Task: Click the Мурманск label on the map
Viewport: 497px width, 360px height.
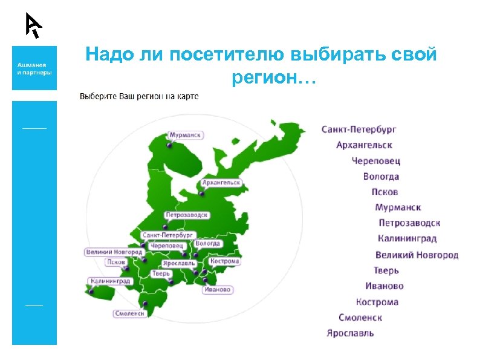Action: tap(185, 135)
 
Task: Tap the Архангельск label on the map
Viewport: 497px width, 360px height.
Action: tap(221, 182)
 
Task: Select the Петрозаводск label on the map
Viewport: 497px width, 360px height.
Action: tap(187, 215)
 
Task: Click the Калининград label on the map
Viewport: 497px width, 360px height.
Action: tap(109, 281)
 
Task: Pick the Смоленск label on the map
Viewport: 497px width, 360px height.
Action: tap(130, 313)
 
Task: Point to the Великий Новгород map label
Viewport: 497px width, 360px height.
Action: tap(114, 252)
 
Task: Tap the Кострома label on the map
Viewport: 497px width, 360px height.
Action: tap(225, 261)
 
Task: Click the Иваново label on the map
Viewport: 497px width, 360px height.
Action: tap(218, 290)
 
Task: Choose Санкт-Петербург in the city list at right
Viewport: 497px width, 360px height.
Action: tap(359, 129)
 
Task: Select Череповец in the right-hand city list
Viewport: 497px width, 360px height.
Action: tap(376, 161)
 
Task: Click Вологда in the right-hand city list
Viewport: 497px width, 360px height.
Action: tap(381, 177)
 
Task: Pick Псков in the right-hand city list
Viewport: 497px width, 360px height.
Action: tap(385, 192)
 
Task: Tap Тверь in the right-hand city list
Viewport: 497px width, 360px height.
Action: tap(386, 270)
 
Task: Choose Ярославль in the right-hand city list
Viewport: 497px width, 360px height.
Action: tap(350, 333)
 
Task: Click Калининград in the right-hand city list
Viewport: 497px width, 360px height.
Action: tap(407, 238)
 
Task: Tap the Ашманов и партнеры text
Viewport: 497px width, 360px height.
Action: tap(34, 68)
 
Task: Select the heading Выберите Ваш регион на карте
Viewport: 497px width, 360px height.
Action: tap(139, 97)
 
